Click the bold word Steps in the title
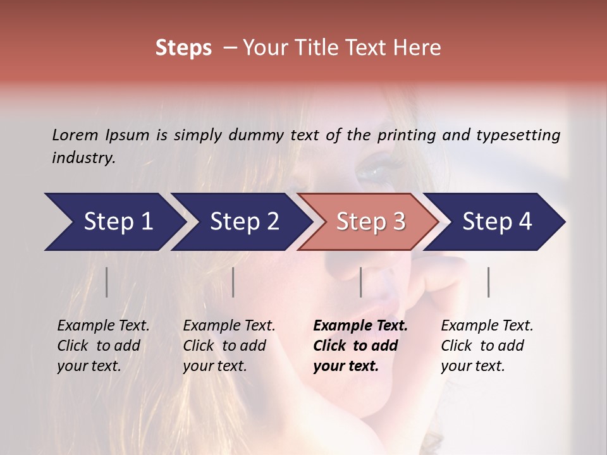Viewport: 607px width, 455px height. [183, 48]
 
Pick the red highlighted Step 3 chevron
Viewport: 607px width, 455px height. [371, 222]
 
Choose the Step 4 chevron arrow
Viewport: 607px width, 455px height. [497, 222]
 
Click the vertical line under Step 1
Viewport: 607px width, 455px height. [107, 282]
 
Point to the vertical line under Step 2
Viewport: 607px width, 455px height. [233, 282]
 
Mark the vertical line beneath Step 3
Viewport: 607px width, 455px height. [360, 282]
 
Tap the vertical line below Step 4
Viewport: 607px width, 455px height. [489, 282]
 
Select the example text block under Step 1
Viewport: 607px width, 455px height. [103, 346]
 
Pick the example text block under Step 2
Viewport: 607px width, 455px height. [229, 346]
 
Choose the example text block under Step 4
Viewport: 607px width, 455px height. [487, 346]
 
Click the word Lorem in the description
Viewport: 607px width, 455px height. [75, 135]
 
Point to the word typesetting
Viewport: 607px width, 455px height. [517, 135]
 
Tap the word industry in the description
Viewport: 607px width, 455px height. [83, 157]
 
